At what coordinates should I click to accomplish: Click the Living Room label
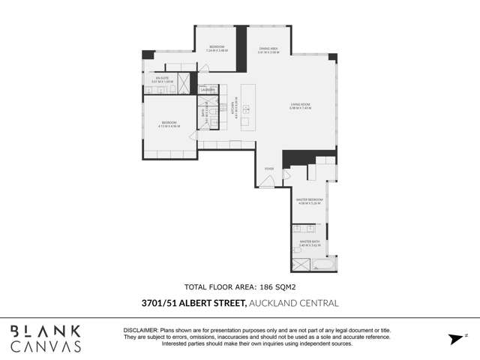point(300,106)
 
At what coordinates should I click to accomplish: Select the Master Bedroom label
point(309,201)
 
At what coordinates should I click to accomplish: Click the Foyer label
point(268,169)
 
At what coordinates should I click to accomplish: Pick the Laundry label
point(208,90)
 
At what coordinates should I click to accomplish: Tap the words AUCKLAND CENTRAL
point(294,303)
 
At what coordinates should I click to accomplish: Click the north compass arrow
point(454,339)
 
